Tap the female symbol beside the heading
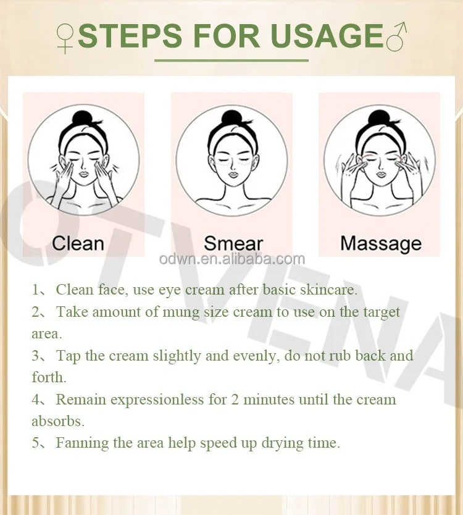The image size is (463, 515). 65,38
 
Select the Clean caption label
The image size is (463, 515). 78,243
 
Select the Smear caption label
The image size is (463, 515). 233,243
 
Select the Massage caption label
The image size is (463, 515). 381,243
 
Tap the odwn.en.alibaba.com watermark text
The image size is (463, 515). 231,259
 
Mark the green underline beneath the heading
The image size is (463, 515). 231,61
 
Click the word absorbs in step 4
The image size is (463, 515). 57,421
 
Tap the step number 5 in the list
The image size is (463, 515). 36,443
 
